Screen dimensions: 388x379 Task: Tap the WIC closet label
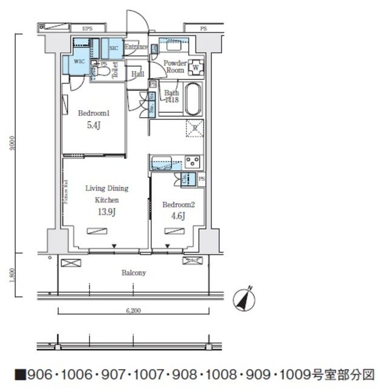(x=79, y=61)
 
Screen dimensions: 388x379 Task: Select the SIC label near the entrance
(x=113, y=47)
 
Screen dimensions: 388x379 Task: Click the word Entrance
(x=136, y=47)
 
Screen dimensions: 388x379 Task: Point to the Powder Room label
(x=175, y=65)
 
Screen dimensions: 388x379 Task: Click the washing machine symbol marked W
(x=197, y=67)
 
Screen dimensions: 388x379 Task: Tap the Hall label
(x=137, y=74)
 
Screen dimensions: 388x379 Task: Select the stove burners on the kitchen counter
(x=193, y=161)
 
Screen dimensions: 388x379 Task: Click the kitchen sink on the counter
(x=162, y=162)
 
